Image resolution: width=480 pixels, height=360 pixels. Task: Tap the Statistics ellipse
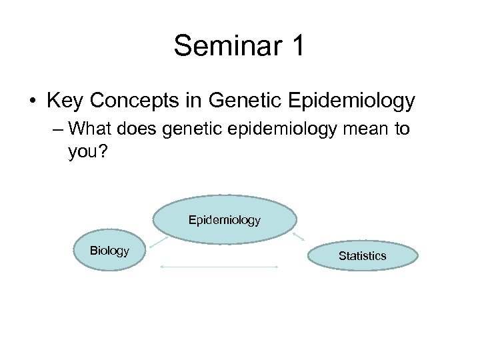pos(362,255)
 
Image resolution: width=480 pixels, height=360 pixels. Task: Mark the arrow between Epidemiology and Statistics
pos(299,235)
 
